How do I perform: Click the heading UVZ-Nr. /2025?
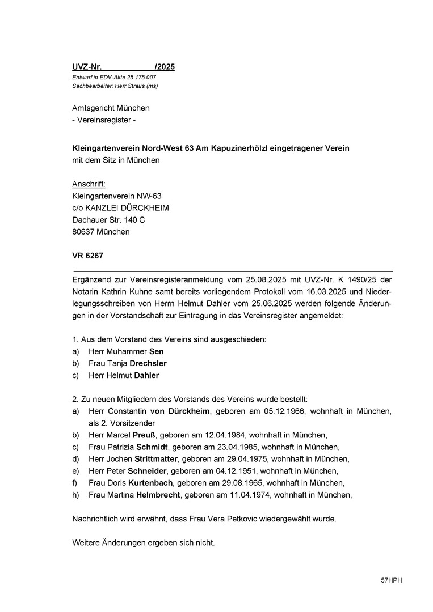pyautogui.click(x=123, y=67)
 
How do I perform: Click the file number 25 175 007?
pyautogui.click(x=139, y=77)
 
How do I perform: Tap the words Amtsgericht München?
pyautogui.click(x=111, y=108)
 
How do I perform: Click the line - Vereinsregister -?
pyautogui.click(x=104, y=120)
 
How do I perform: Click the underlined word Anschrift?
pyautogui.click(x=89, y=184)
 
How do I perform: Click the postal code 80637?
pyautogui.click(x=83, y=232)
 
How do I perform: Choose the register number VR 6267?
pyautogui.click(x=87, y=256)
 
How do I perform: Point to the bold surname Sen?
pyautogui.click(x=156, y=351)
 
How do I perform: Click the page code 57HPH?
pyautogui.click(x=391, y=581)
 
